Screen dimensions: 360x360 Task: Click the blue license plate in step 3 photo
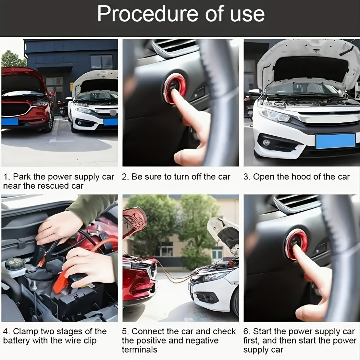tap(335, 141)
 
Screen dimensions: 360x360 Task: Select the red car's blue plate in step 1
tap(10, 121)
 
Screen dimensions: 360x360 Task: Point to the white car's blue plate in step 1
tap(111, 122)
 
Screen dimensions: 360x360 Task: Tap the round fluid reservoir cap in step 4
tap(15, 264)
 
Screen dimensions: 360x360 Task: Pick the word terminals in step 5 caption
tap(140, 350)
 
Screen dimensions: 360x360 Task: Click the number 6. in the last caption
tap(247, 331)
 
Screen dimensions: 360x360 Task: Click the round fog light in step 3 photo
tap(266, 143)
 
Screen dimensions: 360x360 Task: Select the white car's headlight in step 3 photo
tap(275, 115)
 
